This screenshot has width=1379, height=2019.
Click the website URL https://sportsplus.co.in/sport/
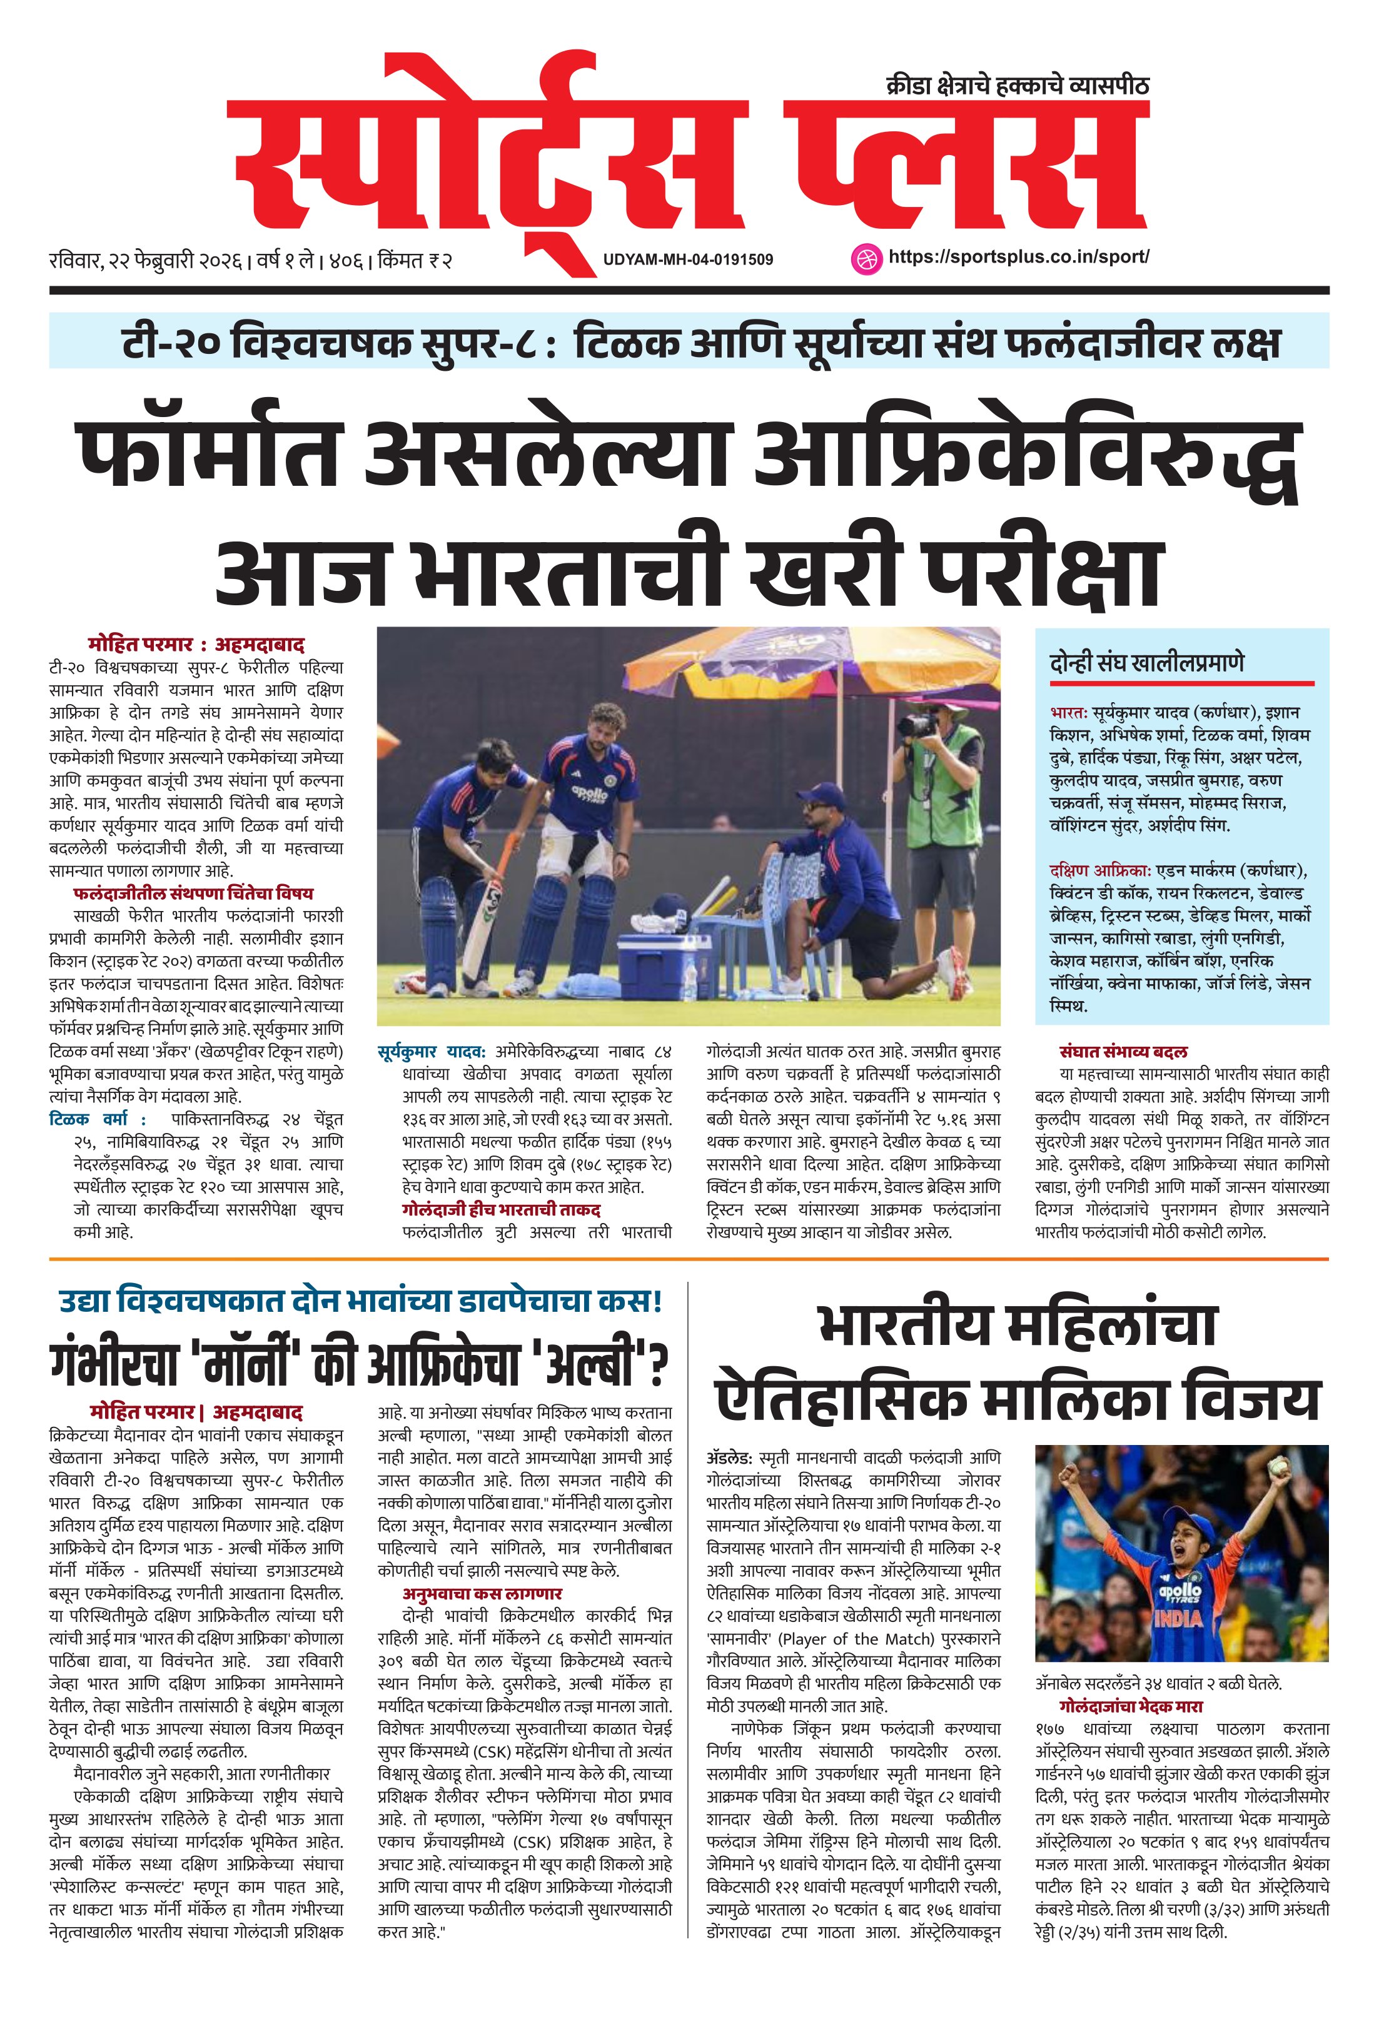tap(1018, 257)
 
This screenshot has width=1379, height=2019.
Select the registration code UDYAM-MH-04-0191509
tap(687, 259)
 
